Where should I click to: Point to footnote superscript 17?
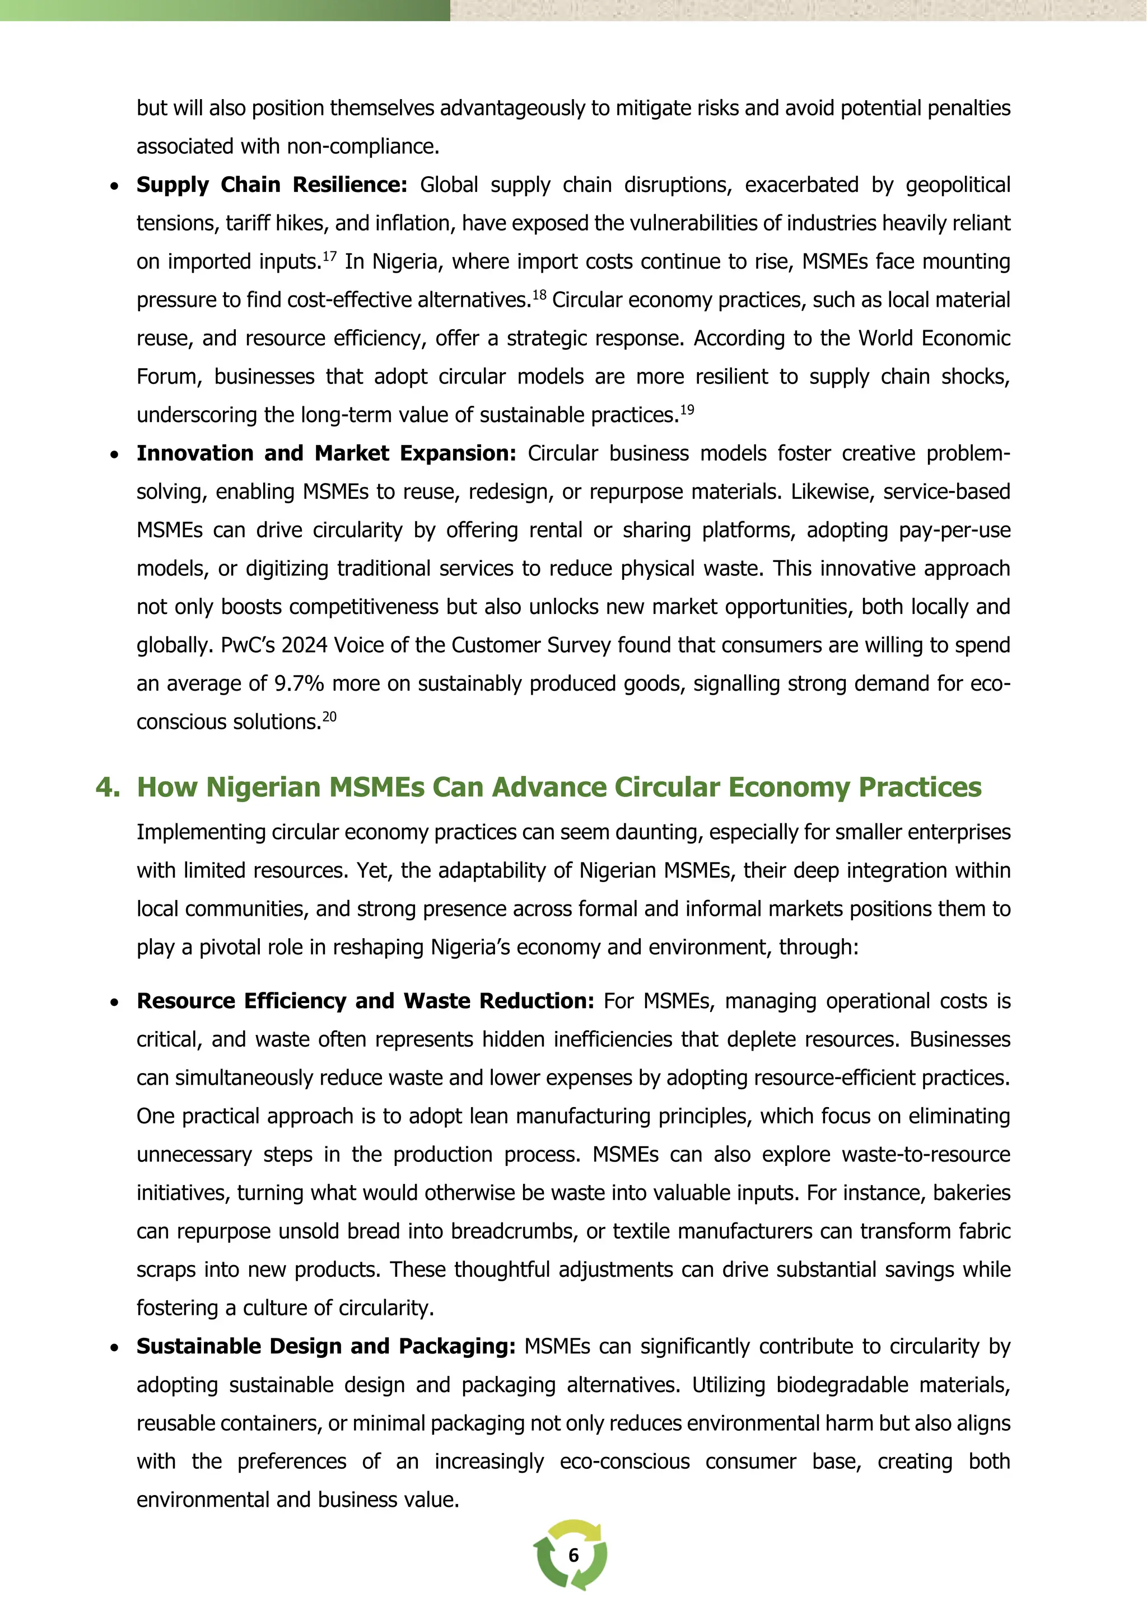coord(330,256)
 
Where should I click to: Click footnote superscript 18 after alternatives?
coord(539,294)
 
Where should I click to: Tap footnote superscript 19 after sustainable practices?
coord(687,410)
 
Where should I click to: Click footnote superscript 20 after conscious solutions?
coord(329,716)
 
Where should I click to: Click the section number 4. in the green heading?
coord(108,787)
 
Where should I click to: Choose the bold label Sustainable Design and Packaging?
coord(325,1346)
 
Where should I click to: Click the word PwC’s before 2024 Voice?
coord(247,645)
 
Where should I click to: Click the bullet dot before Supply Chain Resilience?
coord(114,187)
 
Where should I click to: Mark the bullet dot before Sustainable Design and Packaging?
coord(114,1348)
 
